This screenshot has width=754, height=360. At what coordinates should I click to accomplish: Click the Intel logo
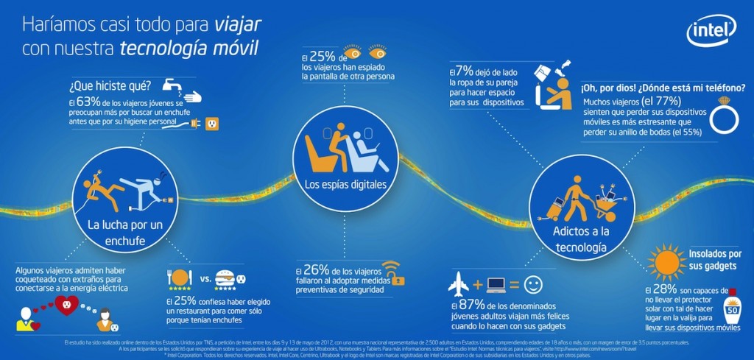tap(711, 32)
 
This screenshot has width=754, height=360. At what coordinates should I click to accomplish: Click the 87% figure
tap(468, 303)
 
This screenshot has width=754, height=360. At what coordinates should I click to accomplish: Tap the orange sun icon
tap(667, 260)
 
